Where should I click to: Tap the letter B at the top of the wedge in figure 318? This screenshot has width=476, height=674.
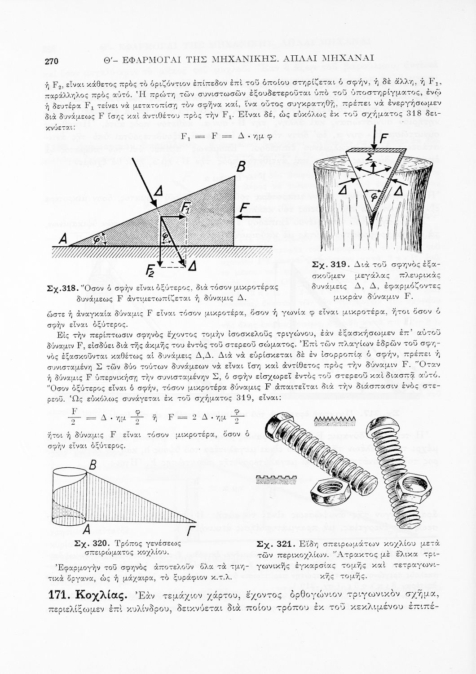point(240,168)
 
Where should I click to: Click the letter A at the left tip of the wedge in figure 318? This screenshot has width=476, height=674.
point(62,240)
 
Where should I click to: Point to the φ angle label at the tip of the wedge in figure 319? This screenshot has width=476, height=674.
point(372,196)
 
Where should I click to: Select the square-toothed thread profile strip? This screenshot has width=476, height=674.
point(273,478)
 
